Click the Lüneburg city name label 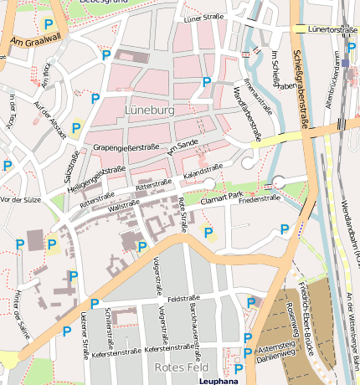148,110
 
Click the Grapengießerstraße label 126,147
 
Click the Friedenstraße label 259,199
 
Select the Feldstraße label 183,298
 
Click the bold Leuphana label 219,381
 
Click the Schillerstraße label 110,327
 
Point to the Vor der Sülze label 21,199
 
